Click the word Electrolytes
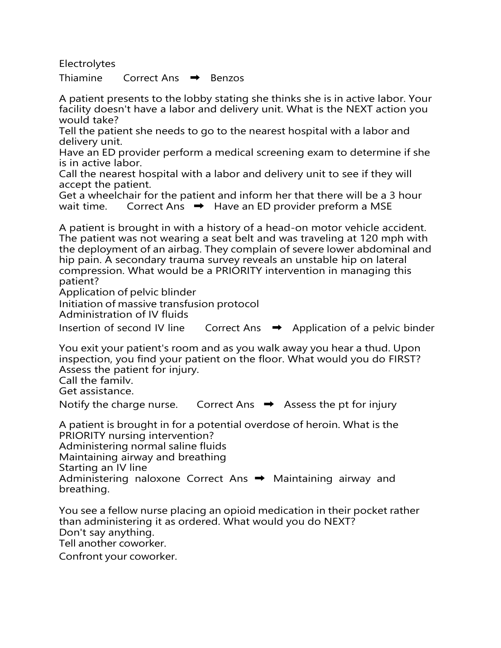pos(87,64)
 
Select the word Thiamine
pos(80,78)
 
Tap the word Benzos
pos(227,78)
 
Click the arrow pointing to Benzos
pos(195,78)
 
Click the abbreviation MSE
pos(381,206)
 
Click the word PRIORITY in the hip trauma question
pos(239,271)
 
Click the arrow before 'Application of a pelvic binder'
pos(277,328)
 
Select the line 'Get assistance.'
pos(96,391)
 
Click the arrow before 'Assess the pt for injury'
pos(269,404)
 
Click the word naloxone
pos(157,478)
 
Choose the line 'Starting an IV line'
pos(103,467)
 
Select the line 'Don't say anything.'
pos(107,532)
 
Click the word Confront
pos(80,556)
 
